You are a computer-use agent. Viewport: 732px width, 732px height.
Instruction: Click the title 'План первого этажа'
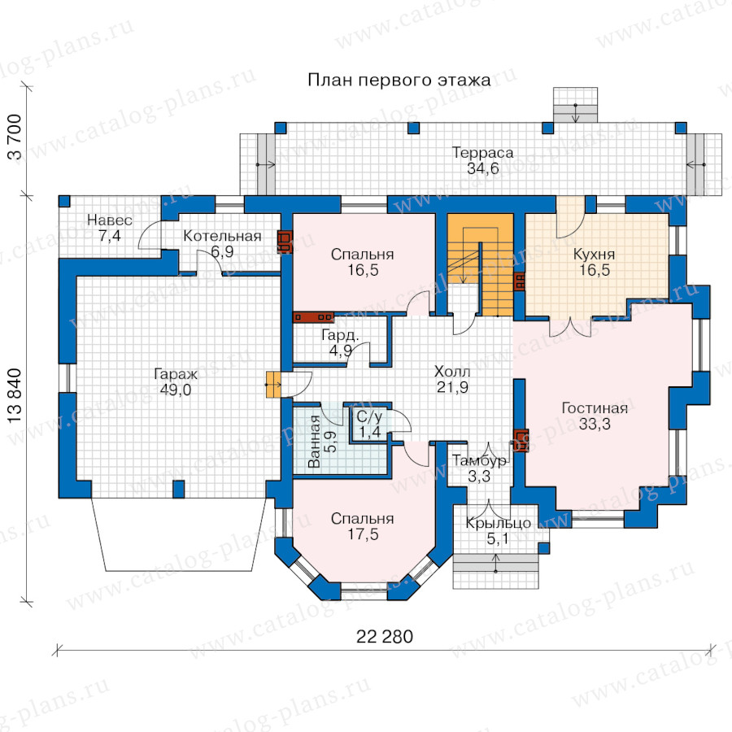[399, 81]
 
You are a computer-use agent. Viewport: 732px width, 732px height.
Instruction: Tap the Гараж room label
[176, 374]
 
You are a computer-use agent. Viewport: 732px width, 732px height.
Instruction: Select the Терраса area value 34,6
[482, 168]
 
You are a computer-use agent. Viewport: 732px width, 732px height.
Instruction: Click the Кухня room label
[594, 255]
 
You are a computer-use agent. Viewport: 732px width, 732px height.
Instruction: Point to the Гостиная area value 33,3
[595, 424]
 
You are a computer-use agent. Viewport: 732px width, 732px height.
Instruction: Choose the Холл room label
[452, 372]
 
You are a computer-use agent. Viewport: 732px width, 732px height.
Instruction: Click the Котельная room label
[222, 236]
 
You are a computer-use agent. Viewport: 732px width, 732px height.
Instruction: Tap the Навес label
[110, 220]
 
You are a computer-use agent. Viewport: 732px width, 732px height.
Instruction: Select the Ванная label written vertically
[314, 442]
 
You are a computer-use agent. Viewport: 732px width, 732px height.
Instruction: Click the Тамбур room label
[479, 461]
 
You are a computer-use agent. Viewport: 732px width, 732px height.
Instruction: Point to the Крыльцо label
[498, 524]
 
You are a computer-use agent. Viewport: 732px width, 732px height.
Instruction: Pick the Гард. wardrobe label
[340, 335]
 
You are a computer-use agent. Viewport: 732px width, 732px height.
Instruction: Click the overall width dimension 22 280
[385, 637]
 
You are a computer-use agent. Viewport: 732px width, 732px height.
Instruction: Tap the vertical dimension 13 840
[15, 396]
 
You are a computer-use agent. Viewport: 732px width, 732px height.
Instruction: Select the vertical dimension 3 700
[15, 137]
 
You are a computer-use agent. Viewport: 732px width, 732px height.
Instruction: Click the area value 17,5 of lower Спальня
[363, 534]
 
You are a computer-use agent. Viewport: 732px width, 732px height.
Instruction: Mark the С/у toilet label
[369, 417]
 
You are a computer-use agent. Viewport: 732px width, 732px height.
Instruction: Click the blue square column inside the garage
[178, 490]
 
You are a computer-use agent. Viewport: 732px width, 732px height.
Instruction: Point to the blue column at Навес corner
[64, 201]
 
